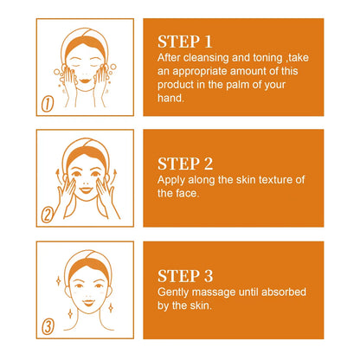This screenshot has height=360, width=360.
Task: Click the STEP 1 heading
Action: pos(186,41)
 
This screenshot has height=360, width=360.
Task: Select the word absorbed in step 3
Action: pos(285,292)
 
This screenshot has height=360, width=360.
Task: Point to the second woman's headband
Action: pos(85,146)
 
